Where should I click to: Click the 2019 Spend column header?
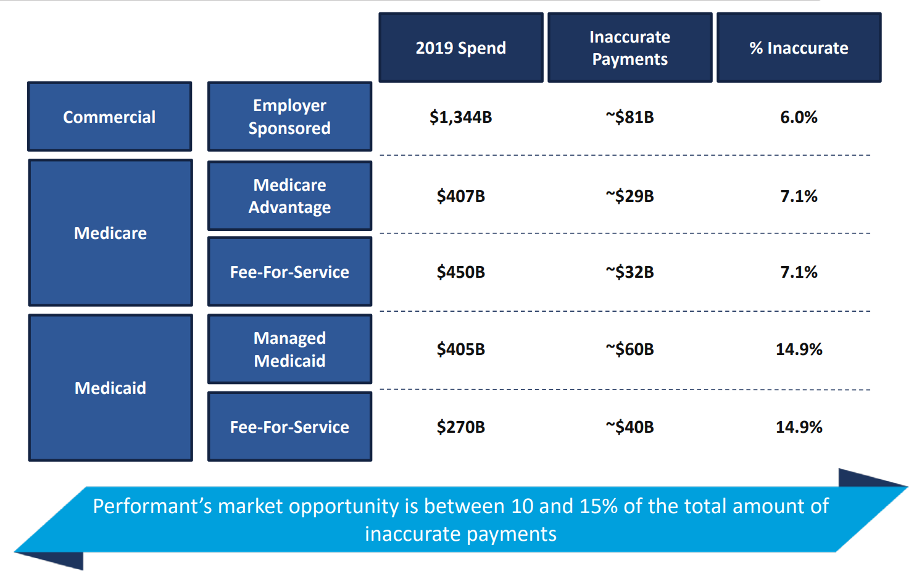460,48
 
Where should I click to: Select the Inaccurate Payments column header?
629,48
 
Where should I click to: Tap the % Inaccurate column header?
799,48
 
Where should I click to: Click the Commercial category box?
109,117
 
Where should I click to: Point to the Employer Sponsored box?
289,117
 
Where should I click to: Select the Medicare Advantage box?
289,196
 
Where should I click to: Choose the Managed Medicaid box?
289,349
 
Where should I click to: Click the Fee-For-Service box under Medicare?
289,272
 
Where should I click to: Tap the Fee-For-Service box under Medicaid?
289,427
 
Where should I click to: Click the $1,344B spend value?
460,117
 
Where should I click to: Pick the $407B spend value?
460,196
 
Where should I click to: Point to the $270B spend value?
460,427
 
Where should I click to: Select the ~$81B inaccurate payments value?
629,117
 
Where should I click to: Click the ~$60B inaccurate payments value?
629,349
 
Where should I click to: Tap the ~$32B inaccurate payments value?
629,272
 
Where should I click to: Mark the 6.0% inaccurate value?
799,117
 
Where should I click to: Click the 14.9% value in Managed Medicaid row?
799,349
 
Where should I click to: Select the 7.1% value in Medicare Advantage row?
799,196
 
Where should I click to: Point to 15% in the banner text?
599,506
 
